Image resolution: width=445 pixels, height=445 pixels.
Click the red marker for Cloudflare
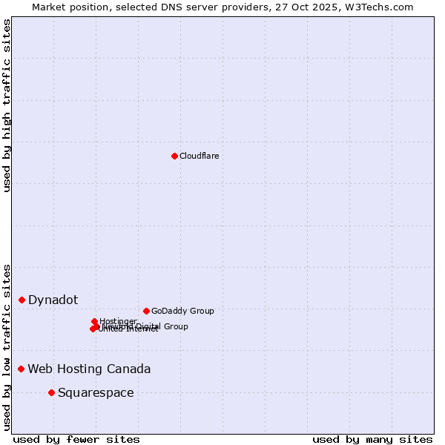(x=174, y=156)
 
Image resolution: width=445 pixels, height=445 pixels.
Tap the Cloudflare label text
(x=199, y=156)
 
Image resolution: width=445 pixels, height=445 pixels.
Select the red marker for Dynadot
(x=22, y=300)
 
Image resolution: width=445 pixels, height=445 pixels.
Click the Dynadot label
(x=53, y=300)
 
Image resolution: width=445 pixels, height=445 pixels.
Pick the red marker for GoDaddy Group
(x=146, y=311)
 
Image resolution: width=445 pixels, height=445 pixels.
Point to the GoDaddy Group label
(x=182, y=311)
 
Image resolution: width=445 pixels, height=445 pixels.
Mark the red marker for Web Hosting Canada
(x=22, y=369)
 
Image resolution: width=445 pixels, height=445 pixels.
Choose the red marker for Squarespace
(x=51, y=392)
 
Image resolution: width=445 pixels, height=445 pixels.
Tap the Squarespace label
(x=96, y=392)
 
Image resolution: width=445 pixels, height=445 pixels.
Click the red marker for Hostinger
(x=95, y=322)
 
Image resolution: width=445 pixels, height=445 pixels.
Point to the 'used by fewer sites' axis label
(x=76, y=439)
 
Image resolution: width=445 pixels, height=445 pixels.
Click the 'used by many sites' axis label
(x=372, y=439)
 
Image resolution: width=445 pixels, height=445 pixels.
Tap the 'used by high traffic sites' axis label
(x=7, y=105)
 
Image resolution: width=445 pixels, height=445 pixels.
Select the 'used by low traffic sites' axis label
(x=7, y=347)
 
